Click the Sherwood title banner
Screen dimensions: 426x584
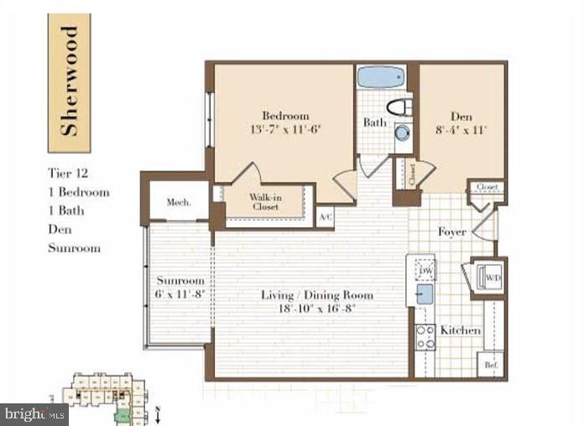[x=69, y=82]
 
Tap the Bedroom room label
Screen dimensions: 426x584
[x=284, y=116]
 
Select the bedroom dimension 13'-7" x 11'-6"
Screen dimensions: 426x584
[x=284, y=130]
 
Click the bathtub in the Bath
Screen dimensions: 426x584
[x=382, y=77]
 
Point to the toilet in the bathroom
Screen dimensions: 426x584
[x=401, y=107]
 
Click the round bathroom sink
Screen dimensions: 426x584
[x=403, y=132]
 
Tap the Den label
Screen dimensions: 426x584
[x=462, y=116]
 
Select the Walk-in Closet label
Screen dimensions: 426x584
[x=263, y=201]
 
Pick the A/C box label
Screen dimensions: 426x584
[x=325, y=218]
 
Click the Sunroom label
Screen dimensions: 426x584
[x=180, y=280]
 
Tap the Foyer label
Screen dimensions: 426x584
[x=451, y=231]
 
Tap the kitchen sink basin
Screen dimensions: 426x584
[x=424, y=294]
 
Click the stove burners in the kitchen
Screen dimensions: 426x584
[x=425, y=335]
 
